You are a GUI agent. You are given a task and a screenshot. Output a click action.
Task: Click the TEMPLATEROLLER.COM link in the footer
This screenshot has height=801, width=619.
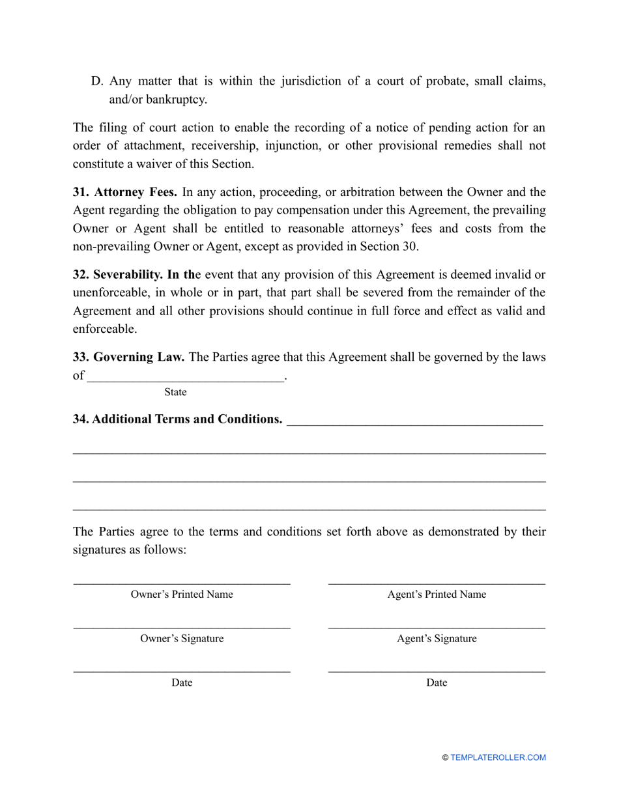point(498,757)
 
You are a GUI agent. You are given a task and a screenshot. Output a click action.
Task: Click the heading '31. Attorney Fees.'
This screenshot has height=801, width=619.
point(124,192)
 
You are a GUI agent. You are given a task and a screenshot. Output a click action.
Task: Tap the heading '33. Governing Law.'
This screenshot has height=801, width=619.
point(128,357)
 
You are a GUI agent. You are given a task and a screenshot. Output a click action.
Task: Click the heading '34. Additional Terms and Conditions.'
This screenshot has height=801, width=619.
point(177,419)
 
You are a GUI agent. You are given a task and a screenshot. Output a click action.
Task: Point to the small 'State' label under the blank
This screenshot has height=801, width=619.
point(175,392)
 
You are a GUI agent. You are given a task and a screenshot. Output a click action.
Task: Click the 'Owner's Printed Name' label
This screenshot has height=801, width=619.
point(182,594)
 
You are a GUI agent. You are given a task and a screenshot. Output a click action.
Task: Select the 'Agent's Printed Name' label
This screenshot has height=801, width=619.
point(437,594)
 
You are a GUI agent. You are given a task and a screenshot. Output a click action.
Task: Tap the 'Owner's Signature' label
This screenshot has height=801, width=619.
point(182,638)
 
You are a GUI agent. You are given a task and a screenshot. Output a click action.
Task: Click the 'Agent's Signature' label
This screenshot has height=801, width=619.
point(437,638)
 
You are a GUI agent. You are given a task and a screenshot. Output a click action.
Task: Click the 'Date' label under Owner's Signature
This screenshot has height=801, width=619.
point(182,682)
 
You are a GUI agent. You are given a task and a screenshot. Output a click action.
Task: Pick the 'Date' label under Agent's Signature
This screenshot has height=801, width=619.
point(437,682)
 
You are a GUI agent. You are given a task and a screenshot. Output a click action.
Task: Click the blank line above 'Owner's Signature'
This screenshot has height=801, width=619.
point(182,628)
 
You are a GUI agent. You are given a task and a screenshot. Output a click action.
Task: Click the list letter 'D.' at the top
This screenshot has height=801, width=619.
point(97,81)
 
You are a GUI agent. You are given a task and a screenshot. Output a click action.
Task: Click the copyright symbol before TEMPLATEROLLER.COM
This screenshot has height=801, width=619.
point(445,757)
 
